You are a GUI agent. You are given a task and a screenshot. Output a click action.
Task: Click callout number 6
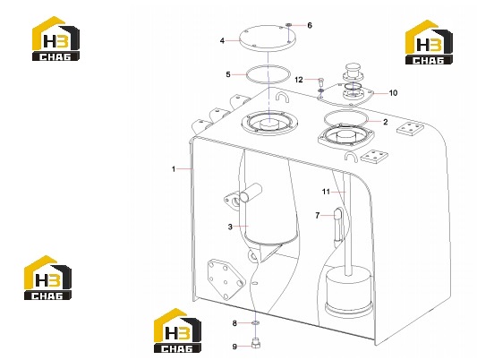coord(310,25)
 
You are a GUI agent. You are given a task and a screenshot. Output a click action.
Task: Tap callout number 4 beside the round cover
coord(222,40)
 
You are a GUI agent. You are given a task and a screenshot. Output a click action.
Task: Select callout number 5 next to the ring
coord(228,74)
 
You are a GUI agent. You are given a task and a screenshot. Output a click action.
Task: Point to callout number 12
coord(299,80)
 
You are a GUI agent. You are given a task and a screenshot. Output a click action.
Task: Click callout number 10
coord(393,93)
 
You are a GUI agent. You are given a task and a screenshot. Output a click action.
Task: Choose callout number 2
coord(386,122)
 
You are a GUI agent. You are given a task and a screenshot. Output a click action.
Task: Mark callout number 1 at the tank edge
coord(174,169)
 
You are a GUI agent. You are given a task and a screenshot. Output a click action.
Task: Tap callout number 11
coord(326,192)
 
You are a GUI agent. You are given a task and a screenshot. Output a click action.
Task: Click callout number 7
coord(318,216)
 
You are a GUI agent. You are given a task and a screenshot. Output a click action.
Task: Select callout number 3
coord(230,227)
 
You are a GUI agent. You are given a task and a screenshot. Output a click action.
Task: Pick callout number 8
coord(234,323)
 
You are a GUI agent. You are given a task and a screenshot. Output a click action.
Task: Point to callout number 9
coord(234,347)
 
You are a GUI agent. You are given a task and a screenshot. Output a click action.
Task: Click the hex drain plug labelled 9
coord(256,344)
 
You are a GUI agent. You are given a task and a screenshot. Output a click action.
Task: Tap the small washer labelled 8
coord(256,322)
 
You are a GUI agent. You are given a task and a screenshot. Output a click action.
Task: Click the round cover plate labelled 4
coord(268,39)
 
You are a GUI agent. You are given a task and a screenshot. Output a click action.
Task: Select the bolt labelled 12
coord(320,81)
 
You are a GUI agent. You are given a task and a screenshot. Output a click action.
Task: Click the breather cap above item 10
coord(353,72)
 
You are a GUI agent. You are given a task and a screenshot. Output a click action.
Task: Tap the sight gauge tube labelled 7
coord(338,227)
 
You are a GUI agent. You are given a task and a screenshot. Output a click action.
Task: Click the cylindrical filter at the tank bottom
coord(349,291)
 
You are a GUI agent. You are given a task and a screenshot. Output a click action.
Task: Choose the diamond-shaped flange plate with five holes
coord(226,279)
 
